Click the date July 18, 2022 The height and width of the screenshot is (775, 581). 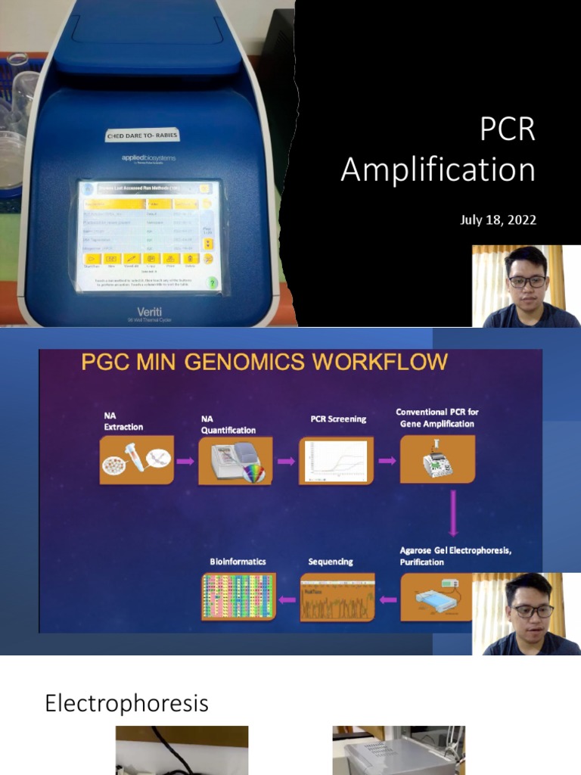[x=498, y=220]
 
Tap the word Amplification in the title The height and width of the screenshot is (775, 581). [x=437, y=169]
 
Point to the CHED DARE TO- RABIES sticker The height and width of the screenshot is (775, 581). [x=142, y=136]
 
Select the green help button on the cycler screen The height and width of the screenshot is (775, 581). [x=213, y=282]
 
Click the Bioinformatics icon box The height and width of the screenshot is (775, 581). [x=238, y=596]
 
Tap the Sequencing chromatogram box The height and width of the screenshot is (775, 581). [x=337, y=596]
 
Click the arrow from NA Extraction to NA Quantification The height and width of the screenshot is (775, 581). [x=185, y=461]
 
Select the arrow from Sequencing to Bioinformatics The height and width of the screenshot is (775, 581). [x=287, y=599]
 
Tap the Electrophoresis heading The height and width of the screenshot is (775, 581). [x=126, y=703]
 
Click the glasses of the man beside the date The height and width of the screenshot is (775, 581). [x=527, y=282]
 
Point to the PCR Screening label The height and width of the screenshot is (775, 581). [x=338, y=419]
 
